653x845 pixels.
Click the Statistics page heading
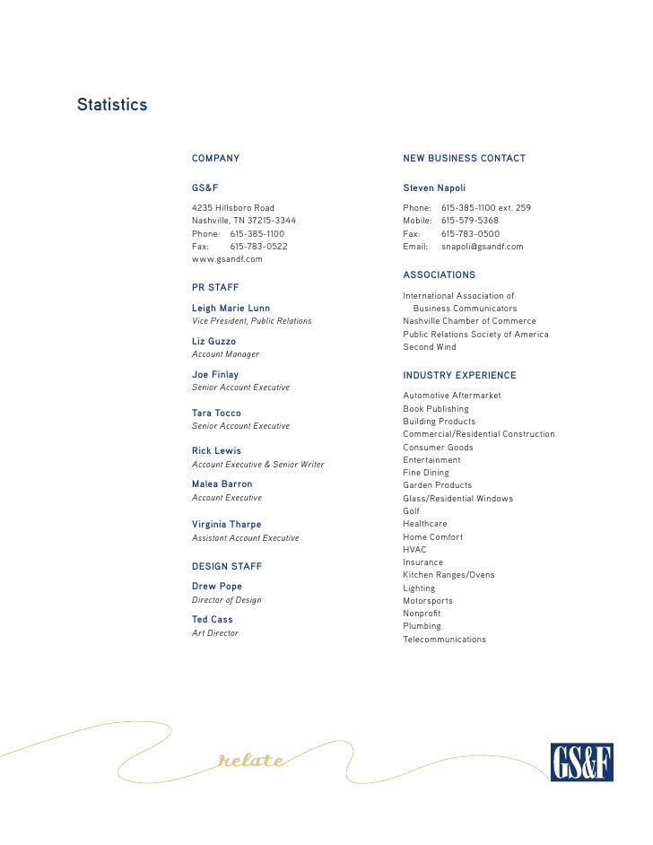click(x=112, y=105)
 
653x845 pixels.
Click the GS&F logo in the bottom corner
click(x=580, y=762)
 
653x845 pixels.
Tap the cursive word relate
click(x=252, y=762)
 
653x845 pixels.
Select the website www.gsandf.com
click(x=227, y=259)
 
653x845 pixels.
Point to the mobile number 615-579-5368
click(x=470, y=221)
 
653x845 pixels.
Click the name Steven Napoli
click(x=434, y=188)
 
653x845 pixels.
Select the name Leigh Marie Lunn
click(x=231, y=309)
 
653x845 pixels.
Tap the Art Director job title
click(x=215, y=633)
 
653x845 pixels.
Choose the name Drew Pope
click(x=217, y=587)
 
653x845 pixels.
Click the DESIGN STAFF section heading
click(x=227, y=567)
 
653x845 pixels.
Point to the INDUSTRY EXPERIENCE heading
click(x=459, y=376)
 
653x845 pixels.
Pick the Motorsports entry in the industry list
click(x=428, y=601)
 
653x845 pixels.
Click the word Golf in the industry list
click(x=412, y=511)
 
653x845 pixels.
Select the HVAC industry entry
click(x=414, y=550)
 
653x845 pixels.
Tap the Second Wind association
click(x=430, y=347)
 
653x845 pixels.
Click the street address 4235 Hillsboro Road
click(x=233, y=208)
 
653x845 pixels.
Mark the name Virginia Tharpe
click(x=227, y=524)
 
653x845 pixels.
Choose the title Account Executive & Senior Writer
click(x=258, y=465)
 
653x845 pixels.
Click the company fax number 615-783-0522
click(x=259, y=246)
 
